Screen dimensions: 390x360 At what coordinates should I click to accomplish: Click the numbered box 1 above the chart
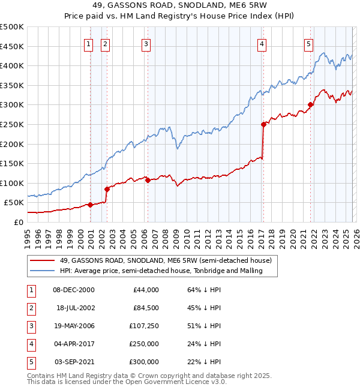tap(89, 43)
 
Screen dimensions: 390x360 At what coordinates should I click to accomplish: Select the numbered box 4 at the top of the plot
tap(262, 43)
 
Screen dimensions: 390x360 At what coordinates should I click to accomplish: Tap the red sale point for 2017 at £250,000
tap(263, 125)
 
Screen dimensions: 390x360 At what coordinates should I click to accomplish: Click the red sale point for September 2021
tap(310, 105)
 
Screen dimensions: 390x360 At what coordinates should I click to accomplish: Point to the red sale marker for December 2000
tap(90, 205)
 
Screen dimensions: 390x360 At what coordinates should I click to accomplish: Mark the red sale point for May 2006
tap(148, 180)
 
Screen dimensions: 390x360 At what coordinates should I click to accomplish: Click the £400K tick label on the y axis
tap(12, 66)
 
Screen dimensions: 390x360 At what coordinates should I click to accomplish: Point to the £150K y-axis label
tap(12, 163)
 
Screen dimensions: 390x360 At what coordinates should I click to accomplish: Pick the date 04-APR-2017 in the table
tap(73, 344)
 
